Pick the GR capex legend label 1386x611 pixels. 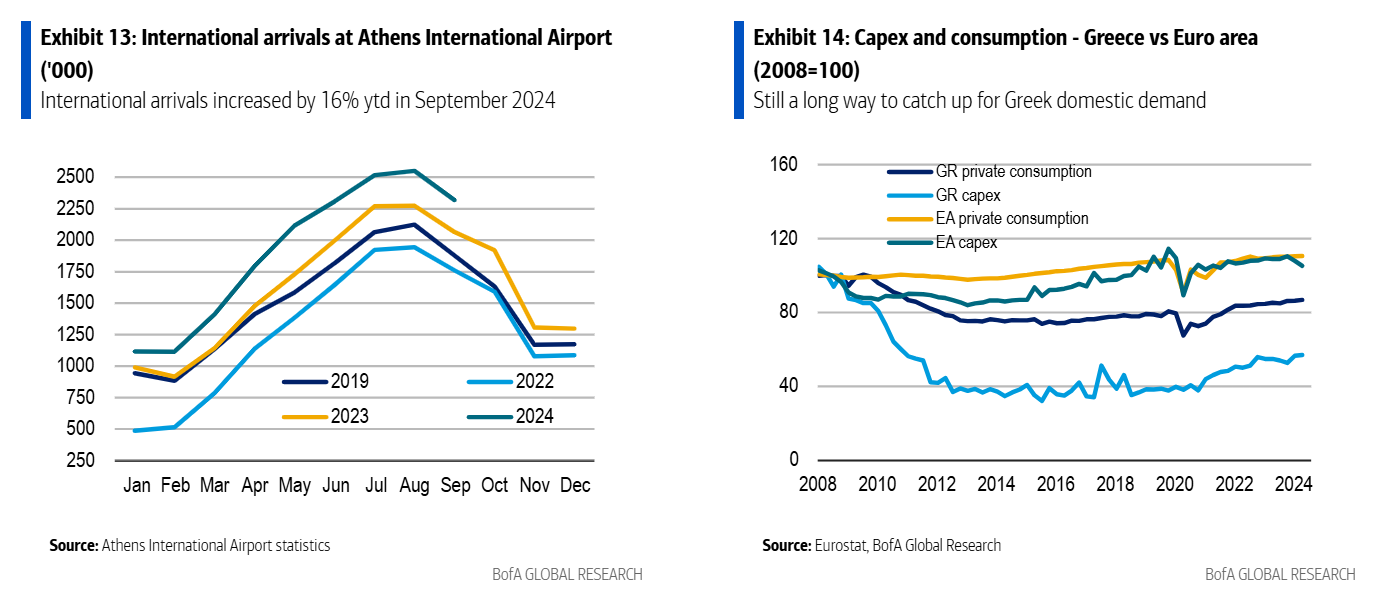[968, 195]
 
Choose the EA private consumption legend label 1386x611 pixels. [1012, 218]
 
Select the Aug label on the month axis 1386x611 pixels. [414, 486]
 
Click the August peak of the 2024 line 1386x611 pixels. [414, 171]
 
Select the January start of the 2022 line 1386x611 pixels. [135, 430]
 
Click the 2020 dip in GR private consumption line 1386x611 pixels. [1184, 334]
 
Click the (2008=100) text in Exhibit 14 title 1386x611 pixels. [806, 70]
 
